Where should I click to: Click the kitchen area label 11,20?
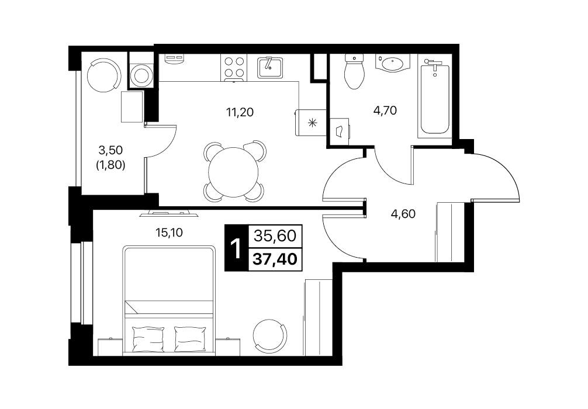coord(240,112)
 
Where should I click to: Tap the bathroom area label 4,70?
coord(385,110)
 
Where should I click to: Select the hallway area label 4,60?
coord(403,214)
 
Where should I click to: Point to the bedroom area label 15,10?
coord(169,233)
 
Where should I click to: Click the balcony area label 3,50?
coord(110,150)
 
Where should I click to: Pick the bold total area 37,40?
coord(275,258)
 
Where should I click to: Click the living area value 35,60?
coord(275,235)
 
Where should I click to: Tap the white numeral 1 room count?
coord(236,247)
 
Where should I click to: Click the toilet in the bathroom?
coord(354,71)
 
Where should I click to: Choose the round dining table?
coord(233,172)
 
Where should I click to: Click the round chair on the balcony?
coord(104,75)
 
